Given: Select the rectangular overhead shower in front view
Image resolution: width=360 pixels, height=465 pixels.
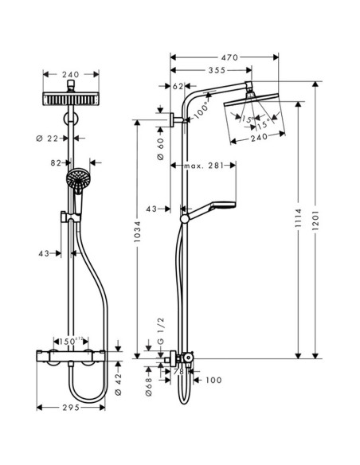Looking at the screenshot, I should click(x=72, y=100).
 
